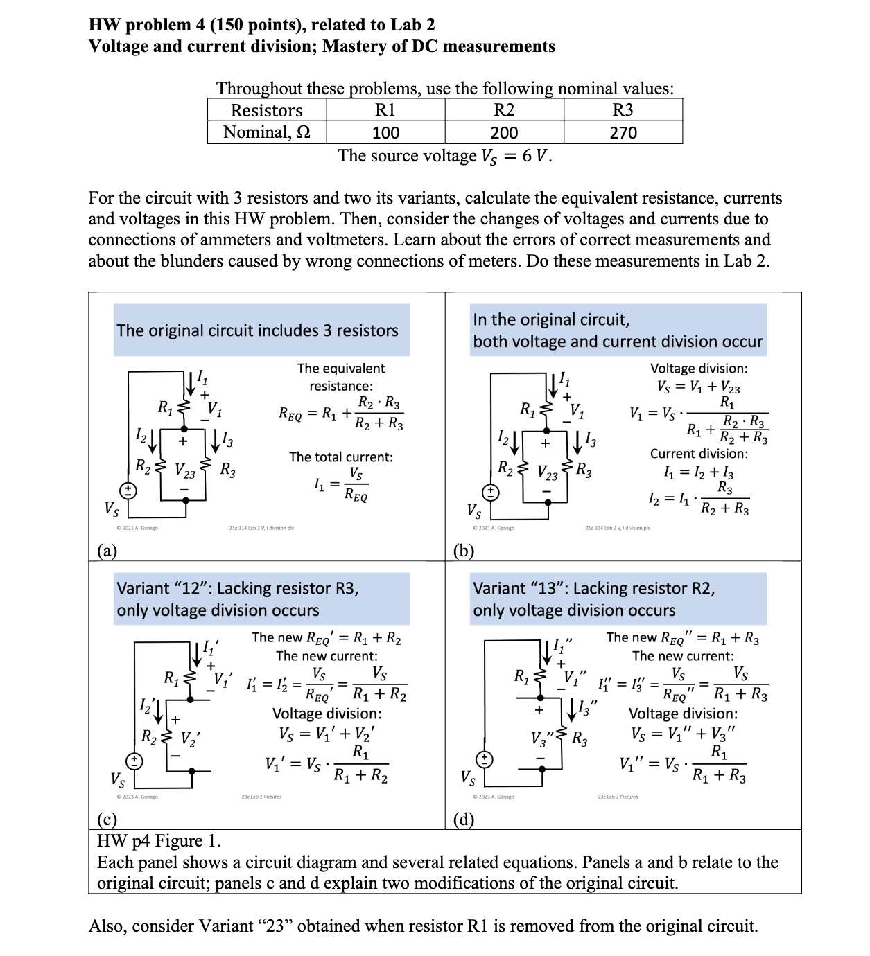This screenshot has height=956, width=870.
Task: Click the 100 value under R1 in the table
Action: (x=385, y=132)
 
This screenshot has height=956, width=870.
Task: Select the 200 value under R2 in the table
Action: (x=504, y=132)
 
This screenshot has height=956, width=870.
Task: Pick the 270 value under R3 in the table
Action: (x=623, y=132)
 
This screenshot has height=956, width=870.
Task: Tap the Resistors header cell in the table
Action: (x=267, y=111)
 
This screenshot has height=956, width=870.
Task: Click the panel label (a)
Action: (x=107, y=551)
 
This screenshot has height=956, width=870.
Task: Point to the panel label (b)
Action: (x=463, y=551)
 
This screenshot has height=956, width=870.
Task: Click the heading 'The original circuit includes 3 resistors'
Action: (x=258, y=330)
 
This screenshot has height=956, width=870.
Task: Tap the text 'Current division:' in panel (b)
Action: (x=699, y=454)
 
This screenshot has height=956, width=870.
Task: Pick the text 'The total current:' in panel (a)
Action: (x=341, y=457)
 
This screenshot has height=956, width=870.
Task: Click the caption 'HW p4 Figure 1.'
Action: (x=159, y=841)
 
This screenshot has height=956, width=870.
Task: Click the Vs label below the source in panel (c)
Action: (x=119, y=779)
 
